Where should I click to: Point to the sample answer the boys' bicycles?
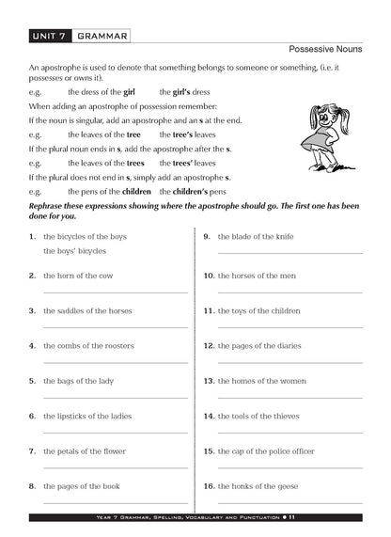pyautogui.click(x=74, y=252)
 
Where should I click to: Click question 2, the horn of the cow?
pyautogui.click(x=78, y=276)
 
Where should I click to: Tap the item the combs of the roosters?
pyautogui.click(x=88, y=346)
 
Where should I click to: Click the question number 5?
pyautogui.click(x=33, y=381)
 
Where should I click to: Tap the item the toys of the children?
pyautogui.click(x=259, y=310)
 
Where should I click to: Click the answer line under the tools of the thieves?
pyautogui.click(x=289, y=432)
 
